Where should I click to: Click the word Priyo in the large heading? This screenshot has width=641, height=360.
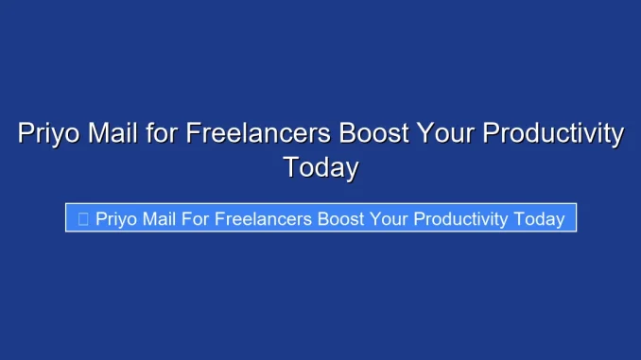pyautogui.click(x=48, y=134)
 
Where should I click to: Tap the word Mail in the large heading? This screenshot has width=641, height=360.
pyautogui.click(x=115, y=133)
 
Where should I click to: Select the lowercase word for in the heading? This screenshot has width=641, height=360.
pyautogui.click(x=164, y=133)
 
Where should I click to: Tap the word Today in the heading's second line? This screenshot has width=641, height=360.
pyautogui.click(x=320, y=167)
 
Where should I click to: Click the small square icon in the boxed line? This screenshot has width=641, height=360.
pyautogui.click(x=83, y=218)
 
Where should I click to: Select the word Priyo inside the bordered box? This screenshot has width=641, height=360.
pyautogui.click(x=116, y=218)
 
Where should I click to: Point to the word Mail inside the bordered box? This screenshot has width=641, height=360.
pyautogui.click(x=162, y=218)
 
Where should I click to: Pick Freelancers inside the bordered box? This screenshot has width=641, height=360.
pyautogui.click(x=264, y=218)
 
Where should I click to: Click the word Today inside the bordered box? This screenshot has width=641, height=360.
pyautogui.click(x=540, y=219)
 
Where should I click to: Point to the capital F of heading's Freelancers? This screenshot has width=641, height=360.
pyautogui.click(x=193, y=133)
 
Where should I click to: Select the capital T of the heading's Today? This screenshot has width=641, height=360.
pyautogui.click(x=291, y=167)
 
